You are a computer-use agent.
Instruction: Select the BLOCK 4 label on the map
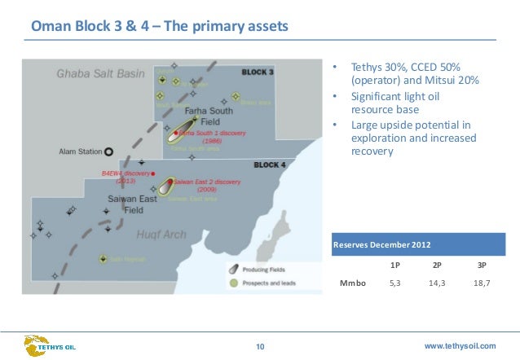tap(270, 165)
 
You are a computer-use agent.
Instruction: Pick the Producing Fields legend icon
tap(233, 270)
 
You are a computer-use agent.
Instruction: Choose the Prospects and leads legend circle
tap(233, 283)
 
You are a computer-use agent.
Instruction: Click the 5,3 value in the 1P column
tap(394, 283)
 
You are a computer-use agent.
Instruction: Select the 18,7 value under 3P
tap(481, 283)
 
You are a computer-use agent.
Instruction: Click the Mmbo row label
tap(352, 283)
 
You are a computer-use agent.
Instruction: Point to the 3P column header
tap(481, 265)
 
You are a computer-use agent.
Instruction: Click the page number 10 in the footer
tap(260, 348)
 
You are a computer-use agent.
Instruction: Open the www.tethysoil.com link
tap(461, 347)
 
